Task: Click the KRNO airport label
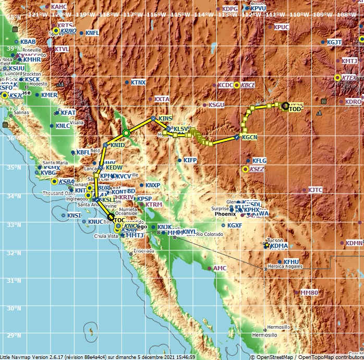pos(68,31)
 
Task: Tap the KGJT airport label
pos(334,42)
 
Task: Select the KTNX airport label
pos(138,82)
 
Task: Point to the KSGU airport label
pos(216,105)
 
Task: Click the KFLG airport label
pos(259,161)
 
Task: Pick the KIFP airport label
pos(190,160)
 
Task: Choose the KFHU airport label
pos(291,262)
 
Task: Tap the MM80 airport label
pos(309,293)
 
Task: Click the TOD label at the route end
pos(295,109)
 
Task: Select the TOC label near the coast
pos(119,221)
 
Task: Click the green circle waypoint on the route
pos(126,133)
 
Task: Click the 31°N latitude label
pos(8,281)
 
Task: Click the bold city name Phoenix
pos(226,214)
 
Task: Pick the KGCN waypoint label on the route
pos(250,137)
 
